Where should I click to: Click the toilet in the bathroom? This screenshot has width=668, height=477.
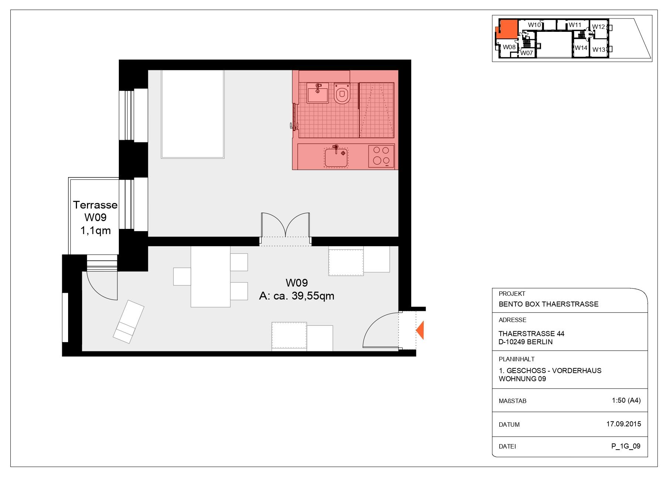pyautogui.click(x=342, y=94)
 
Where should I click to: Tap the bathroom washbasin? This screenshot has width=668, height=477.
pyautogui.click(x=318, y=93)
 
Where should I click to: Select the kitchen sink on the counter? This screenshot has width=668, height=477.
pyautogui.click(x=336, y=157)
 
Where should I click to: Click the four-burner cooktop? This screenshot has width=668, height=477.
pyautogui.click(x=381, y=156)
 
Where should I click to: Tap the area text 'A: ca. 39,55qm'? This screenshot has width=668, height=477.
pyautogui.click(x=296, y=296)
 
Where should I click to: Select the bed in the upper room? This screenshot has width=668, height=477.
pyautogui.click(x=193, y=114)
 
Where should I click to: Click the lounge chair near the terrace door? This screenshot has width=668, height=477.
pyautogui.click(x=128, y=321)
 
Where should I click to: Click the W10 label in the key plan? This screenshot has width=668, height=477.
pyautogui.click(x=534, y=25)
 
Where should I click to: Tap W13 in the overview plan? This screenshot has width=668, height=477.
pyautogui.click(x=598, y=50)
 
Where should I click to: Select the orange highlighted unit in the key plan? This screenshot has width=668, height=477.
pyautogui.click(x=507, y=29)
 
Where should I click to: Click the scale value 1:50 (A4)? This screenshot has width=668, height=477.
pyautogui.click(x=626, y=400)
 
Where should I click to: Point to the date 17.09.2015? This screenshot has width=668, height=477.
pyautogui.click(x=624, y=424)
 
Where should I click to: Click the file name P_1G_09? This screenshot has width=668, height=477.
pyautogui.click(x=626, y=446)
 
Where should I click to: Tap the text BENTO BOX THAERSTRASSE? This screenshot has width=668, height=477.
pyautogui.click(x=548, y=304)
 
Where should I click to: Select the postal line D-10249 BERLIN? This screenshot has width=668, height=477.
pyautogui.click(x=526, y=342)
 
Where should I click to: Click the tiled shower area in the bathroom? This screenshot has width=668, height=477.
pyautogui.click(x=377, y=110)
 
